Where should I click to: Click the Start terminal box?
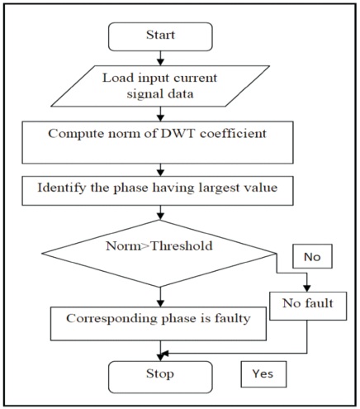[160, 36]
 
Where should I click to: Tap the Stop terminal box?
[160, 377]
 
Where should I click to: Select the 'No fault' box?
[308, 306]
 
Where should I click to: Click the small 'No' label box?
[312, 256]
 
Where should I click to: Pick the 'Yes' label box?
[263, 374]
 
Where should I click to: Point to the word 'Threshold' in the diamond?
[182, 245]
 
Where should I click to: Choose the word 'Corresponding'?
[112, 319]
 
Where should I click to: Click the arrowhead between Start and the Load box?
[160, 62]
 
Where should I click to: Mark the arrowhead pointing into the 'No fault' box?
[307, 288]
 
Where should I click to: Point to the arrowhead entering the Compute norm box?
[160, 117]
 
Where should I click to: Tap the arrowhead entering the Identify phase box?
[160, 173]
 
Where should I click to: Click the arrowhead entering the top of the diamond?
[160, 216]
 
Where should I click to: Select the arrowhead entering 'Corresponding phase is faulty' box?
[160, 303]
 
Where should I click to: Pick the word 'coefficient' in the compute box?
[233, 134]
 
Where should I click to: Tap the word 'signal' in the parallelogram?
[143, 94]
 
